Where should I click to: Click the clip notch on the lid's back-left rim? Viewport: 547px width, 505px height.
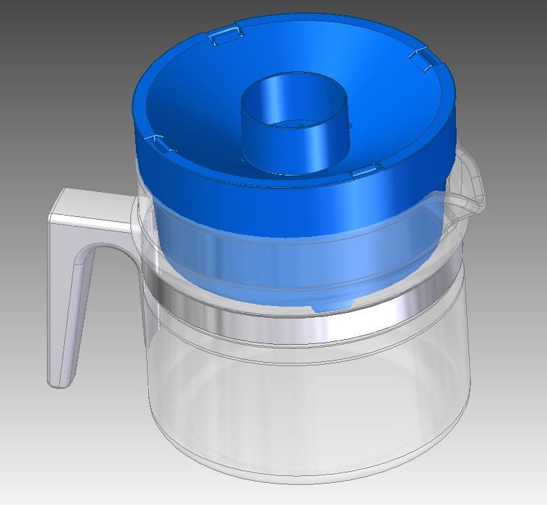(x=226, y=35)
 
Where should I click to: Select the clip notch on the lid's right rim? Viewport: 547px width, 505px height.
(x=422, y=56)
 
